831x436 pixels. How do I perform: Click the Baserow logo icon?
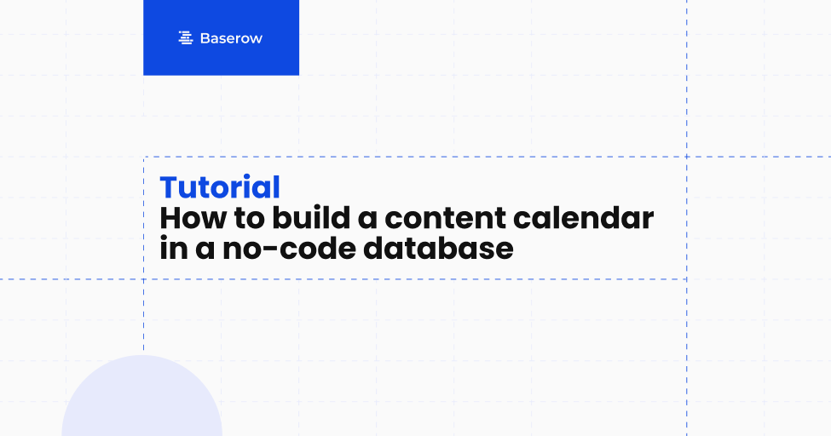[185, 38]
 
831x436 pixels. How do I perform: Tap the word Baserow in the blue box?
[231, 38]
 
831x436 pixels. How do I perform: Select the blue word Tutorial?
[220, 188]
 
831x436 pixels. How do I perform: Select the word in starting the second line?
[170, 249]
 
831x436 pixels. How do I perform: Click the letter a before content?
[367, 220]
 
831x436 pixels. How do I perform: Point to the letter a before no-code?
[199, 250]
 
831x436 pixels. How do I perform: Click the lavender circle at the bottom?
[141, 400]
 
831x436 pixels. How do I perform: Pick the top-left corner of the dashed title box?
[143, 157]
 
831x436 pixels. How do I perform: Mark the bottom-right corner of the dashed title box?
[686, 278]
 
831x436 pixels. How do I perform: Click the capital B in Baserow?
[205, 38]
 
